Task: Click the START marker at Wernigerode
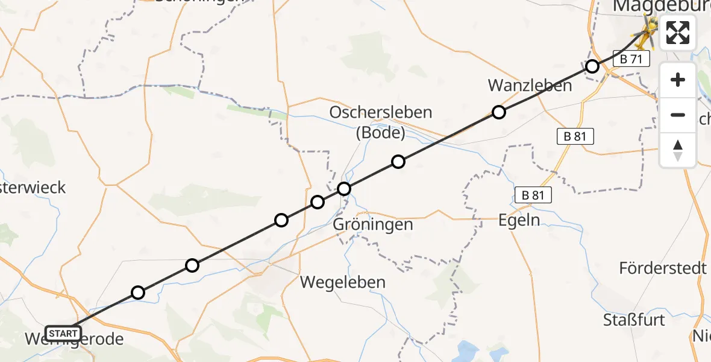[x=63, y=333]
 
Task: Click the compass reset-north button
[x=678, y=150]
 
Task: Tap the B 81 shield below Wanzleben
[x=575, y=136]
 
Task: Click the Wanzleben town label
[x=530, y=86]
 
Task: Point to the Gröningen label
[x=374, y=225]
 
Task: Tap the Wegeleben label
[x=343, y=282]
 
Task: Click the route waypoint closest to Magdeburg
[x=592, y=66]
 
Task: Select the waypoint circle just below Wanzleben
[x=498, y=112]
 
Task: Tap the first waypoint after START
[x=138, y=293]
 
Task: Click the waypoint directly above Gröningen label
[x=343, y=189]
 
